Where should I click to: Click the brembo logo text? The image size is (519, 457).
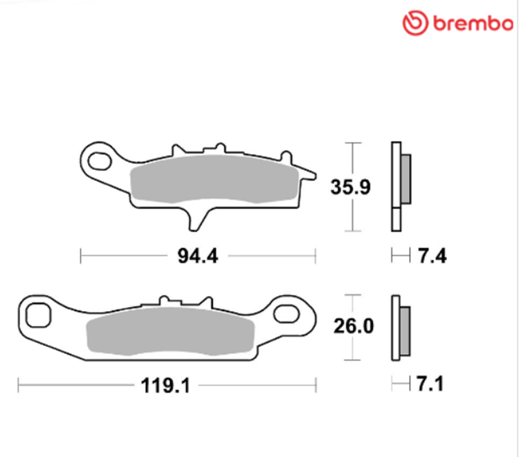pos(473,23)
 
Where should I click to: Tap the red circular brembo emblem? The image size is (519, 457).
pos(415,23)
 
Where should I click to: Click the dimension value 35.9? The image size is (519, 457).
pos(351,187)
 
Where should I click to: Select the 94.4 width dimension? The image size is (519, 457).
pos(198,256)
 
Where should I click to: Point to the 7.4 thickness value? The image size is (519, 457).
pos(432,256)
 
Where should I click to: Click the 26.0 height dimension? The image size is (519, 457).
pos(354,326)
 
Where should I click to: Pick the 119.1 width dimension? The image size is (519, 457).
pos(165,386)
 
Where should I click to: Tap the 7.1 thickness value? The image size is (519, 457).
pos(430,384)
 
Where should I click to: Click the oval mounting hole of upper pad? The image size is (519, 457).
pos(99,161)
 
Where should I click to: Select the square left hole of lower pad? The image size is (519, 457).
pos(38,315)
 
